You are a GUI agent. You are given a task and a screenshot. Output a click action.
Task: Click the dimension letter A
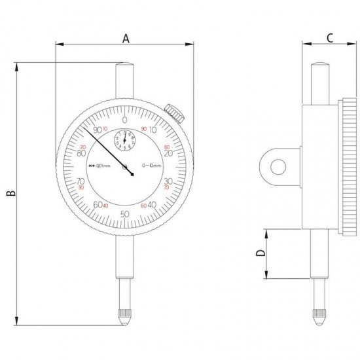tap(124, 38)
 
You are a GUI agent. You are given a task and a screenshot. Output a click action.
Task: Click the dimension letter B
tap(10, 193)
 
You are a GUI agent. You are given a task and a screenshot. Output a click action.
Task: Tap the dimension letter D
tap(261, 253)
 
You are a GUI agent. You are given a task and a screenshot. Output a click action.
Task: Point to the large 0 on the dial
tap(124, 120)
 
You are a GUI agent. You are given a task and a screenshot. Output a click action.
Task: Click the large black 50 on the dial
tap(124, 214)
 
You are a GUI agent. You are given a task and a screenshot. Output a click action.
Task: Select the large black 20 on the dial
tap(168, 154)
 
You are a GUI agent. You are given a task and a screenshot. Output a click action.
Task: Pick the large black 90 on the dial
tap(98, 130)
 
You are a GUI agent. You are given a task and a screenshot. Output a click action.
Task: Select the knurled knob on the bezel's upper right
tap(173, 113)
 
